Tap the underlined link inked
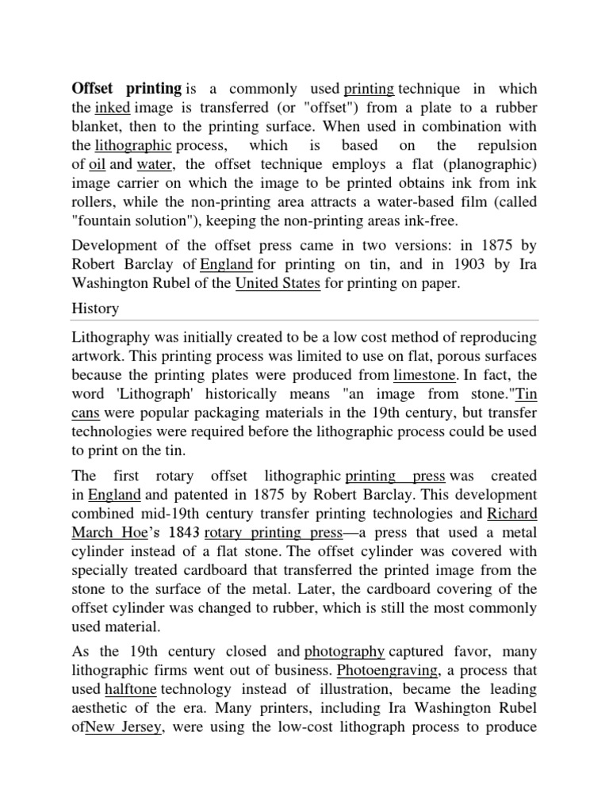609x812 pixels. (x=112, y=108)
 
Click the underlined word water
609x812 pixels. (x=155, y=165)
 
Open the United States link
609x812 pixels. (x=278, y=283)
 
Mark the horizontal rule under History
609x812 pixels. (x=304, y=320)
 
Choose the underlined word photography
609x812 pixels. (x=345, y=652)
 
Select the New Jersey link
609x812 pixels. (x=124, y=728)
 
